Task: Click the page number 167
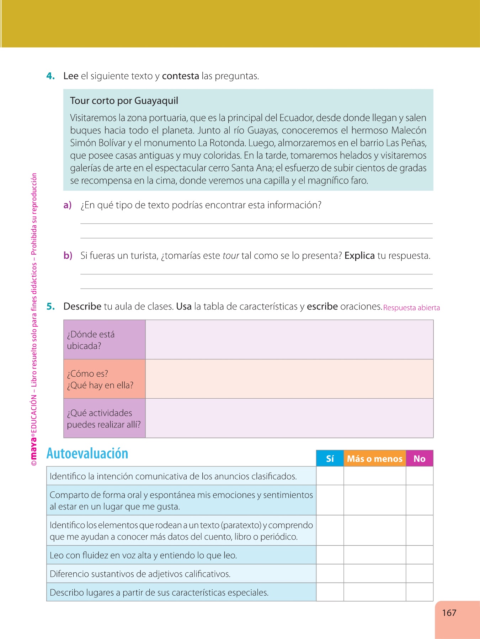[x=449, y=613]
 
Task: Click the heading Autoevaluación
[x=87, y=454]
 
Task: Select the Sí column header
[x=330, y=459]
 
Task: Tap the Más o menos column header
[x=375, y=459]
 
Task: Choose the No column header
[x=420, y=459]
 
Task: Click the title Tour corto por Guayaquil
[x=124, y=101]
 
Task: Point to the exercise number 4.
[x=50, y=76]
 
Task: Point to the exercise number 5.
[x=50, y=306]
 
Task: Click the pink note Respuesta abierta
[x=411, y=308]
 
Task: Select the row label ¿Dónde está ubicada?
[x=91, y=340]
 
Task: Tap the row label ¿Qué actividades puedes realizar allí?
[x=103, y=419]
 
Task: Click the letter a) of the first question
[x=67, y=205]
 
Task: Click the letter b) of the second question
[x=68, y=256]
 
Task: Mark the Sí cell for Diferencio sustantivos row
[x=330, y=574]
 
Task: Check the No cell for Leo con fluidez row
[x=420, y=555]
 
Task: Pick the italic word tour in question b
[x=231, y=256]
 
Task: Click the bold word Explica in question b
[x=359, y=256]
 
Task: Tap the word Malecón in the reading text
[x=409, y=131]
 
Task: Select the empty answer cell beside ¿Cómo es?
[x=289, y=379]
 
